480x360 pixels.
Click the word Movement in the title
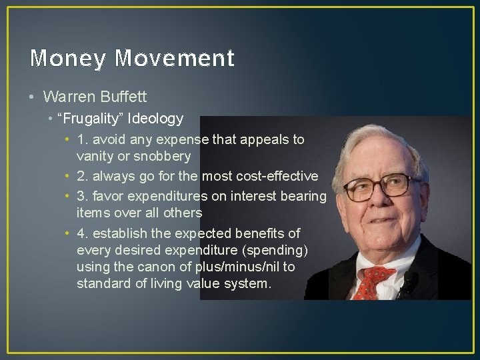175,59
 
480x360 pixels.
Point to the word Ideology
157,119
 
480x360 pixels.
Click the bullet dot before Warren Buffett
32,97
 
